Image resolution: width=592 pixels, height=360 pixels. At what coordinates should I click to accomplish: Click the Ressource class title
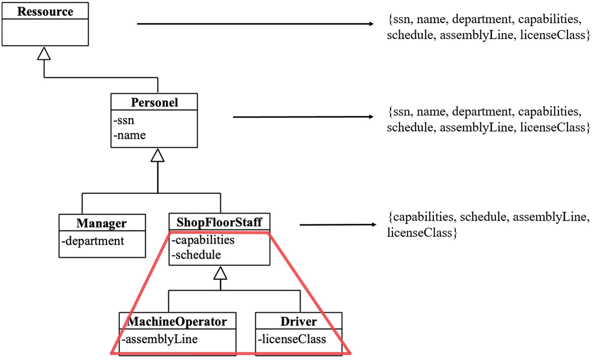[45, 12]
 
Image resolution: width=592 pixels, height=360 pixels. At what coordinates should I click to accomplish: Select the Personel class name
[154, 102]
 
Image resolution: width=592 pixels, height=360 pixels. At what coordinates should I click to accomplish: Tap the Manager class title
[102, 223]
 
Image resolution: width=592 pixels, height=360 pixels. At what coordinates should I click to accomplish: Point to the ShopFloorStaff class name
[219, 222]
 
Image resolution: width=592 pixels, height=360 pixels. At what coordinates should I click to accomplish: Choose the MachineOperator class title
[177, 321]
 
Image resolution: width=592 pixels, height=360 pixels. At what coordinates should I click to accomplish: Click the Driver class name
[298, 321]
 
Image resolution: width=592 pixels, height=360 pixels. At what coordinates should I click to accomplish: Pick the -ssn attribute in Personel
[124, 120]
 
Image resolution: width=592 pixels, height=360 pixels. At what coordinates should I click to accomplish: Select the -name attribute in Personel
[130, 135]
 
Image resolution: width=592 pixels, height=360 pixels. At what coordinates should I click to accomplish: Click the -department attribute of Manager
[93, 241]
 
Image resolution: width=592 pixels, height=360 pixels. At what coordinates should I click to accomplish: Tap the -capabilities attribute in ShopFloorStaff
[203, 240]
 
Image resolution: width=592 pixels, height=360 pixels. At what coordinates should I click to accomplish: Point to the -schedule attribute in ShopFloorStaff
[196, 255]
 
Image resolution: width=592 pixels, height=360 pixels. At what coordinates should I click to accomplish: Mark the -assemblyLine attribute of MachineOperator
[160, 339]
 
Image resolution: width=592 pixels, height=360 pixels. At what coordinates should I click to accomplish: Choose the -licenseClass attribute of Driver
[292, 339]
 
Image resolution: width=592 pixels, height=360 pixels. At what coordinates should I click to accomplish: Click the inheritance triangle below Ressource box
[44, 54]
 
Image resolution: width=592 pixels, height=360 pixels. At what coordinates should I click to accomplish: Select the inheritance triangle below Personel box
[157, 156]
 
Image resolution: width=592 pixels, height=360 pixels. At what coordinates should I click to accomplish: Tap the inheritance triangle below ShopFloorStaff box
[220, 274]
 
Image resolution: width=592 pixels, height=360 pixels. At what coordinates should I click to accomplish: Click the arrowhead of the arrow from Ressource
[371, 24]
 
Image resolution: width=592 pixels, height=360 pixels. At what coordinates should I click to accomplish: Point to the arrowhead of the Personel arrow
[371, 117]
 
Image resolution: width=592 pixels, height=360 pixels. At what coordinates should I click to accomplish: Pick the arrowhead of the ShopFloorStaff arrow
[374, 225]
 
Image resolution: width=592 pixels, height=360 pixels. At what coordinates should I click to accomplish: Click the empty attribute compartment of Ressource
[45, 32]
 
